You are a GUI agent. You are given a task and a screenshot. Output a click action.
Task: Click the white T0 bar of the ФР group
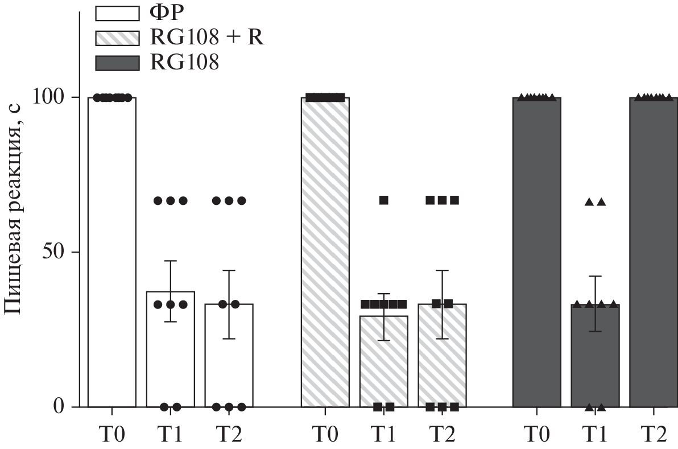coord(111,250)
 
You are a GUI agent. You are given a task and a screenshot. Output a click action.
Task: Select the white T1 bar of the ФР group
coord(171,353)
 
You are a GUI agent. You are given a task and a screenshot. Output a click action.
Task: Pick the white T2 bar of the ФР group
coord(229,359)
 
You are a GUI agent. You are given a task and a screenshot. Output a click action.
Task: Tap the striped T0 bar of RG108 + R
coord(325,250)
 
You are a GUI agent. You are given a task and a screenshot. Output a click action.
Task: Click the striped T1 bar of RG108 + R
coord(383,364)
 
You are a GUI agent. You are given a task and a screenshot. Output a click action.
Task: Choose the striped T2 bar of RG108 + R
coord(442,359)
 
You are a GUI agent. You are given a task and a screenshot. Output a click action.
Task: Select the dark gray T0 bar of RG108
coord(537,250)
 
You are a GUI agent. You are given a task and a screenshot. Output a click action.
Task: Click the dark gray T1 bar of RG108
coord(596,359)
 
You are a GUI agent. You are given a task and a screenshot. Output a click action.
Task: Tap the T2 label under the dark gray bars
coord(654,435)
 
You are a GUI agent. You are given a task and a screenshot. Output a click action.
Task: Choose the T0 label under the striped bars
coord(325,435)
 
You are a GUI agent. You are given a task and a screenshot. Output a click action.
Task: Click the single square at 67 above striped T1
coord(384,200)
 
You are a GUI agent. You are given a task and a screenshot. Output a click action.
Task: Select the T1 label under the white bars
coord(171,435)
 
